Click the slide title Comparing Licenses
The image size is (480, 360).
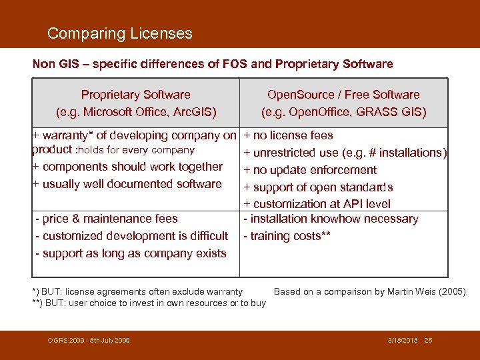click(x=120, y=33)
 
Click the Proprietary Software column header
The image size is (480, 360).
click(x=135, y=95)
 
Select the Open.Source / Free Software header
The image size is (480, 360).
click(x=343, y=95)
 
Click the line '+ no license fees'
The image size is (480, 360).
click(x=288, y=135)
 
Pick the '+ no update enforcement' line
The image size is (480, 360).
click(x=310, y=170)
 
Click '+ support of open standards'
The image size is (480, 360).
click(x=318, y=187)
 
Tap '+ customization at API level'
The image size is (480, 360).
click(x=317, y=204)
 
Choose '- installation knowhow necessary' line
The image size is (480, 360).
click(x=331, y=219)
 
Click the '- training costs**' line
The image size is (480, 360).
click(x=287, y=236)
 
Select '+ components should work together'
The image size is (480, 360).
click(x=127, y=167)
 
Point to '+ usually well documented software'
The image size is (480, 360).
click(x=127, y=184)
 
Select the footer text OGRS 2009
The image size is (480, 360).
click(x=67, y=341)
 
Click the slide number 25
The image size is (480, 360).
click(x=429, y=341)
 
